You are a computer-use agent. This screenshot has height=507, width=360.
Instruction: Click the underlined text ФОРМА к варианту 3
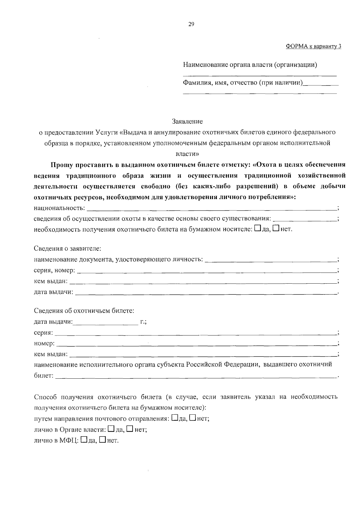(x=313, y=46)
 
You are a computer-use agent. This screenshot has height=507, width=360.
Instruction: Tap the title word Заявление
(x=187, y=121)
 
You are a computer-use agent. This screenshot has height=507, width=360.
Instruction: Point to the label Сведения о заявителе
(x=67, y=249)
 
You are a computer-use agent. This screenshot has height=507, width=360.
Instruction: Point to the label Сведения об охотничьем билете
(x=84, y=311)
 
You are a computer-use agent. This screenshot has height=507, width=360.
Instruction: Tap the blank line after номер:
(x=196, y=344)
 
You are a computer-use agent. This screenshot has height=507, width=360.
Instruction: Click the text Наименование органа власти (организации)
(x=250, y=64)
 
